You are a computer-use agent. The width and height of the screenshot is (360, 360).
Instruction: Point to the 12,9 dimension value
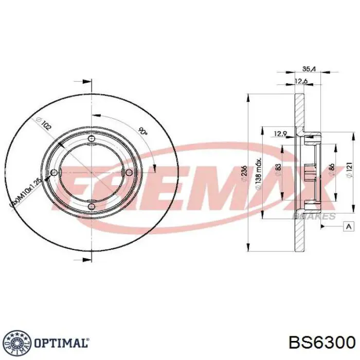point(280,134)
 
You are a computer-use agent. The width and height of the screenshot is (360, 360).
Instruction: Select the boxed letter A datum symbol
point(348,226)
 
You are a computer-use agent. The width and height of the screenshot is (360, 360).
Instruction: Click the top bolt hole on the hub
point(92,139)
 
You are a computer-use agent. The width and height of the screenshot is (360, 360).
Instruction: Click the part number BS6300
point(321,343)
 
